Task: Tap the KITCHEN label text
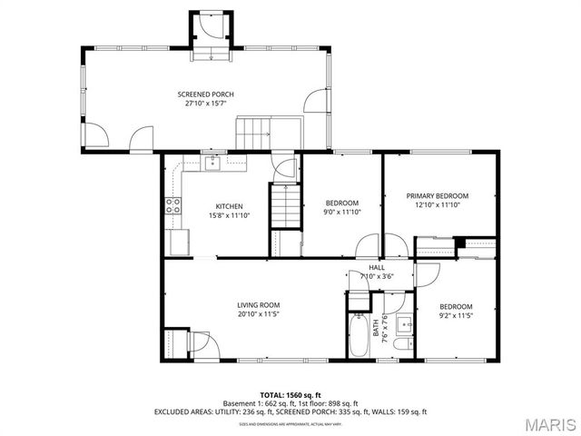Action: [228, 206]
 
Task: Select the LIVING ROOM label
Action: [258, 305]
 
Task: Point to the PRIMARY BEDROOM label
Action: [437, 196]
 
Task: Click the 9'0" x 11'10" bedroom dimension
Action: [342, 212]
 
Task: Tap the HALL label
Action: [377, 267]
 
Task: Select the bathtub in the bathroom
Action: [359, 336]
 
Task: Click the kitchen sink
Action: [212, 163]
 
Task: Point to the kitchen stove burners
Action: [171, 205]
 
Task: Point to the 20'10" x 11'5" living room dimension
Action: [258, 314]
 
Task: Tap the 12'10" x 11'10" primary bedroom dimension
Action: [437, 205]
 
